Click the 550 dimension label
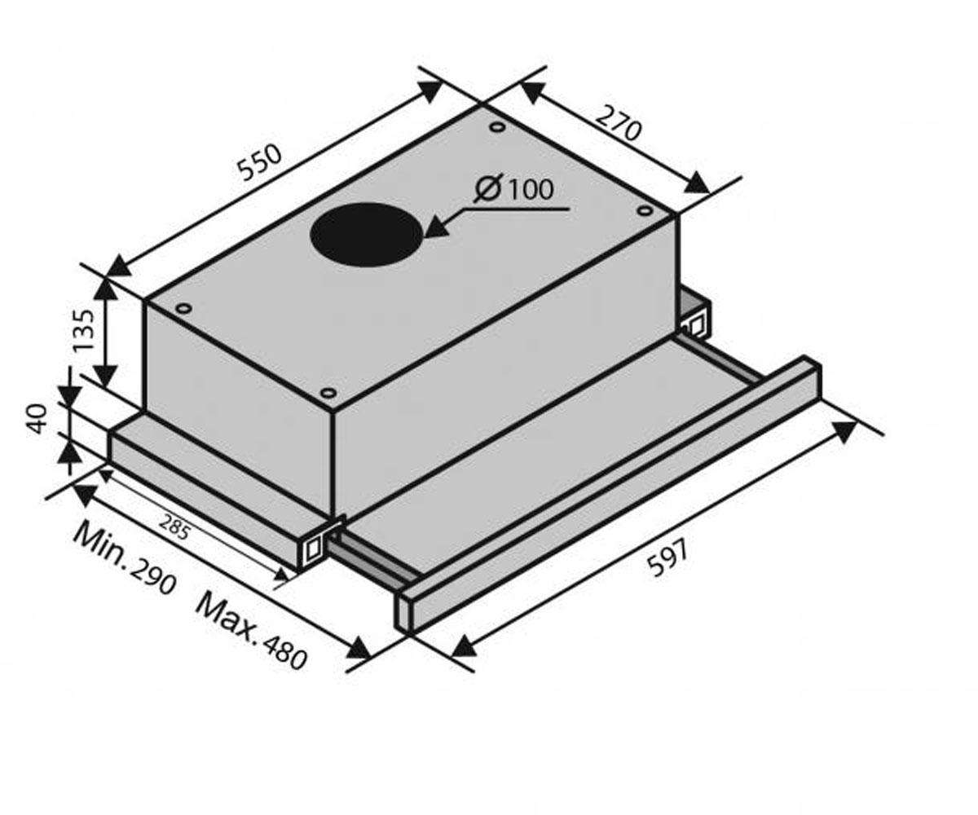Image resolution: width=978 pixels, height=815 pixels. (260, 162)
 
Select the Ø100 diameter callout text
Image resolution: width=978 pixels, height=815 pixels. (513, 190)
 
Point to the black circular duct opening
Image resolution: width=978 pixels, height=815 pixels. (368, 234)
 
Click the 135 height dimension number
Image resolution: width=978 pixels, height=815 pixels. (85, 330)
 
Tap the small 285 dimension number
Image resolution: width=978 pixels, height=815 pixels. (174, 526)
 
